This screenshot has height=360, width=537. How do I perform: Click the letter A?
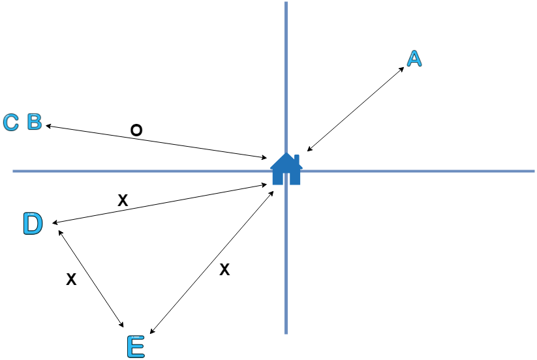[x=414, y=59]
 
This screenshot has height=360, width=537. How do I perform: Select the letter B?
[x=35, y=122]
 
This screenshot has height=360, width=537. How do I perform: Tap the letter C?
[x=11, y=123]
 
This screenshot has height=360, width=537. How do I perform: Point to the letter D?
[x=32, y=224]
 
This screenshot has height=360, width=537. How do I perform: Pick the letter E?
[x=134, y=346]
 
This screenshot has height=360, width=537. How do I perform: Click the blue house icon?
[x=286, y=170]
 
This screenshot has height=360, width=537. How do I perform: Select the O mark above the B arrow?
[x=136, y=131]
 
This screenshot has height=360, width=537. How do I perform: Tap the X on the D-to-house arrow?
[x=122, y=201]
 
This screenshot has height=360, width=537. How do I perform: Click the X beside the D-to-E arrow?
[x=72, y=280]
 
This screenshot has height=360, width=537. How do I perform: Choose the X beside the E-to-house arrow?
[x=224, y=269]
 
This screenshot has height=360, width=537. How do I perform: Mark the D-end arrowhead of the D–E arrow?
[x=60, y=231]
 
